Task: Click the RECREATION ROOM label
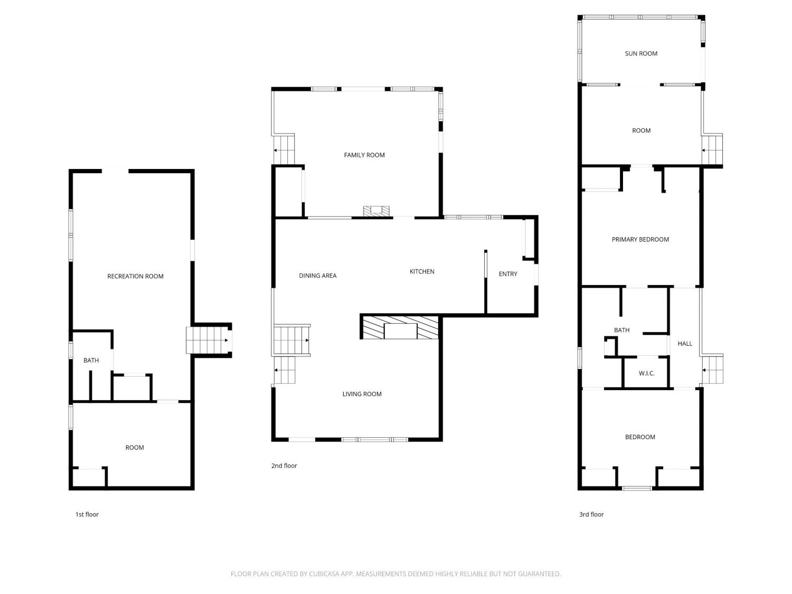tap(135, 276)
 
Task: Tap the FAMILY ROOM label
tap(364, 155)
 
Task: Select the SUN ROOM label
tap(641, 53)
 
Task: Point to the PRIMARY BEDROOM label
tap(640, 240)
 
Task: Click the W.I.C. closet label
tap(646, 373)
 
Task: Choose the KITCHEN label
tap(422, 271)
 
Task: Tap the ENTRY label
tap(508, 274)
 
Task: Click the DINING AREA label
tap(317, 276)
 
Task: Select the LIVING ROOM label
tap(362, 394)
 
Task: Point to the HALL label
tap(684, 344)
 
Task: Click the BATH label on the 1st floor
tap(91, 360)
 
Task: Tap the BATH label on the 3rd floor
tap(621, 330)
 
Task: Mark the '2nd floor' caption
tap(284, 466)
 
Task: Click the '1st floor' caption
tap(87, 514)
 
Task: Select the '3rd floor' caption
tap(591, 514)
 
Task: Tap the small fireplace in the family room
tap(376, 211)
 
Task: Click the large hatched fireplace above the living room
tap(400, 327)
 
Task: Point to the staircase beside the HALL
tap(712, 369)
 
